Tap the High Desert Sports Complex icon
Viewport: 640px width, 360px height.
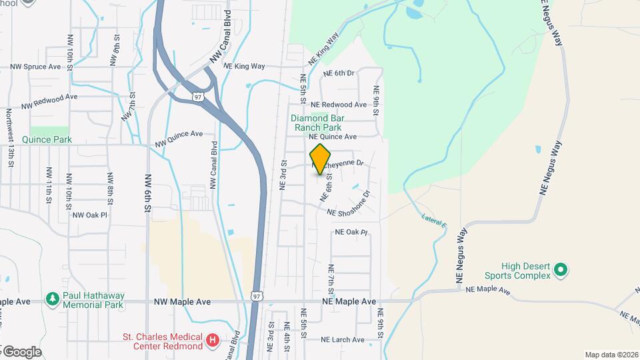click(x=561, y=270)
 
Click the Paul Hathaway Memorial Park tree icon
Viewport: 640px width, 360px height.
click(x=52, y=298)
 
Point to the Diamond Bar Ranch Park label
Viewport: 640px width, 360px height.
click(x=316, y=123)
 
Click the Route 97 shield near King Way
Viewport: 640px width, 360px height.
click(x=197, y=97)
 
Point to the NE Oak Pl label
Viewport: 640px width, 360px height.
click(x=351, y=232)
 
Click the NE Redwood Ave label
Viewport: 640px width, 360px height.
click(x=339, y=105)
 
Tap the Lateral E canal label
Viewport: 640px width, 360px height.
click(x=434, y=220)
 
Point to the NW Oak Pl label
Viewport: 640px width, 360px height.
click(x=90, y=215)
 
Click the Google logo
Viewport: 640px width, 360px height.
click(x=21, y=351)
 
